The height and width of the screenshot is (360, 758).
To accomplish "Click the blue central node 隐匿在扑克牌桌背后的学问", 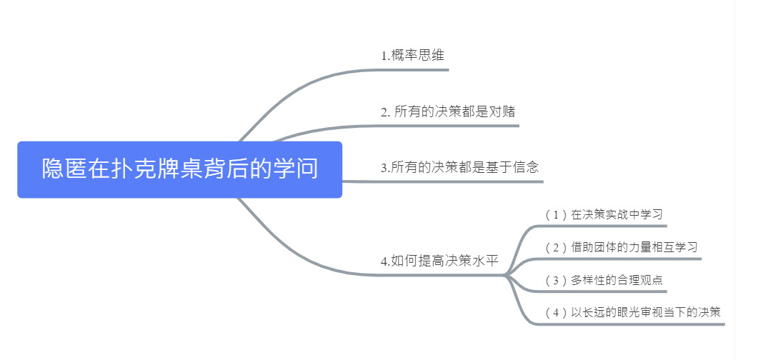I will pos(179,169).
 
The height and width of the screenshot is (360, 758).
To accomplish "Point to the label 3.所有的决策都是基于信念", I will pos(459,168).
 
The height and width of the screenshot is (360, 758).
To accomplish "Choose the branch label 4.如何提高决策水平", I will pos(439,261).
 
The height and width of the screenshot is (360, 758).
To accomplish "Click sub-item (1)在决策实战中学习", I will pos(606,214).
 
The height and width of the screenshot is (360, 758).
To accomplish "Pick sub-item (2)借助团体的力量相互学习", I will pos(621,247).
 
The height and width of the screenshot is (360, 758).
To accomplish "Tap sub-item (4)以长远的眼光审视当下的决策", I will pos(632,312).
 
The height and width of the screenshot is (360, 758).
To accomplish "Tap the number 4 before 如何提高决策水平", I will pos(384,261).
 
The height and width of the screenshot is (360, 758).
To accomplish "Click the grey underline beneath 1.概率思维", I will pos(414,69).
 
